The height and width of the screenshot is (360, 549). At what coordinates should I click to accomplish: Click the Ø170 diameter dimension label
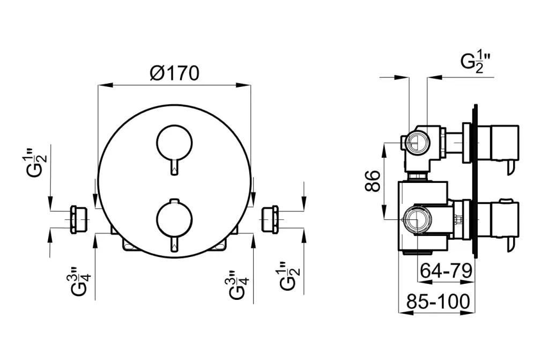(174, 74)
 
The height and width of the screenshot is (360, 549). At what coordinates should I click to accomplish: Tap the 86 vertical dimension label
(373, 181)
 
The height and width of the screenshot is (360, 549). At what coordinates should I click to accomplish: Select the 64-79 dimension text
(446, 270)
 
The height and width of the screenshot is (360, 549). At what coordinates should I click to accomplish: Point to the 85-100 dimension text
(438, 302)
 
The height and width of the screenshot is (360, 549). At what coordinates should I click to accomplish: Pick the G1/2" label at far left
(38, 163)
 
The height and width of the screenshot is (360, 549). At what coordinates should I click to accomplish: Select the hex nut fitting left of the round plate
(79, 219)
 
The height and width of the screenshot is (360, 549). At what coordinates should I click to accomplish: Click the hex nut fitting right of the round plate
(270, 219)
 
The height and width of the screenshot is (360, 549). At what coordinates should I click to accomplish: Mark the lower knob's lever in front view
(174, 243)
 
